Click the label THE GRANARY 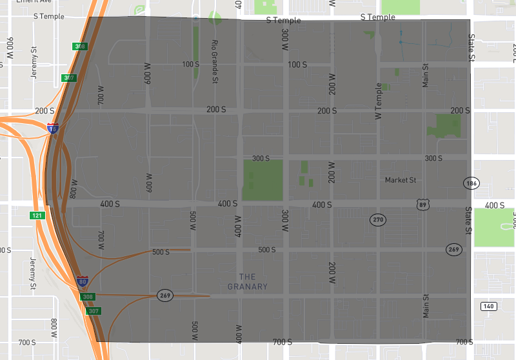pos(248,282)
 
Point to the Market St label pos(401,180)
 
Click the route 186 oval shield pos(470,183)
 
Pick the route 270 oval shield pos(377,220)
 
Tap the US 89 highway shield pos(422,205)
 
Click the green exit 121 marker pos(37,215)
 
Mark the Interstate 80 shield pos(83,282)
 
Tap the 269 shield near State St pos(453,249)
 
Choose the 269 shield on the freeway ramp pos(164,295)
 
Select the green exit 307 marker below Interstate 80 pos(94,311)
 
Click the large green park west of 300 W pos(263,179)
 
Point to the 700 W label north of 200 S pos(101,95)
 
